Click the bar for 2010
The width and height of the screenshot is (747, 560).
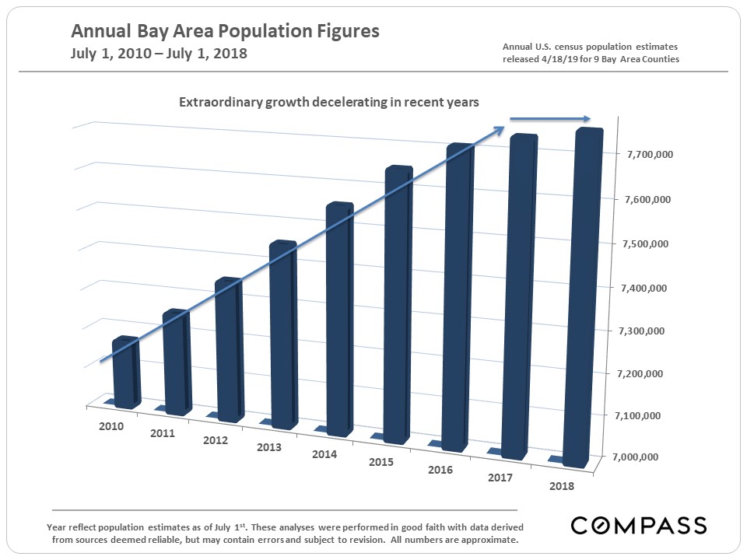[126, 373]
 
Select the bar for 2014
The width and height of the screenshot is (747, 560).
[338, 319]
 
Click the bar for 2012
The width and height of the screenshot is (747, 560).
[229, 350]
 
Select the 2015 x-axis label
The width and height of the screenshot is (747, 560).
[382, 462]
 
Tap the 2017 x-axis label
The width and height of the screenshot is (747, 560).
[500, 478]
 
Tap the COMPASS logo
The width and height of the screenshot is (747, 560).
[639, 525]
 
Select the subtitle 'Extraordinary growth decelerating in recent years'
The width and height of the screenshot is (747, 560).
[329, 102]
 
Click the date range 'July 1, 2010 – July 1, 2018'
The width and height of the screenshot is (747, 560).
[159, 54]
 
